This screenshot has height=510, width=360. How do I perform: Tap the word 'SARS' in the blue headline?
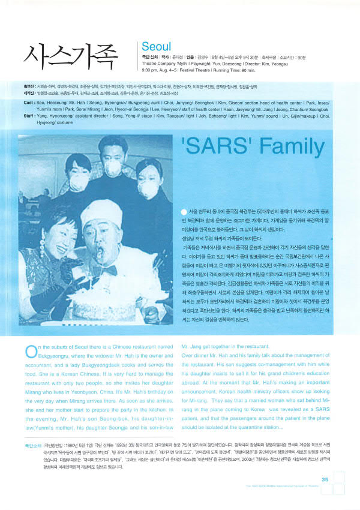(212, 146)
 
